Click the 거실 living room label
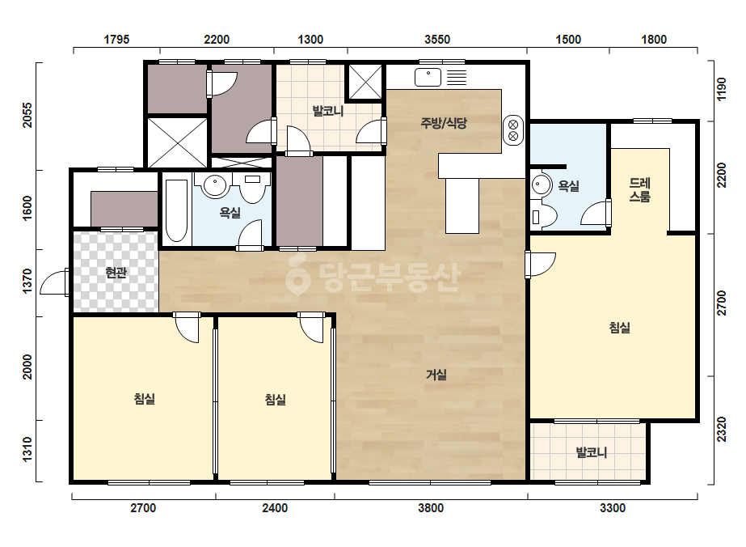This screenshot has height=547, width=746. (x=436, y=375)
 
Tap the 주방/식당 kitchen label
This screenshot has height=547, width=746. (x=444, y=123)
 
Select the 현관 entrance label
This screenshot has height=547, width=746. (x=116, y=273)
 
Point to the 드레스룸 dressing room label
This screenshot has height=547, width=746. (x=640, y=189)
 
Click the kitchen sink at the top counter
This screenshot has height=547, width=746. (x=428, y=77)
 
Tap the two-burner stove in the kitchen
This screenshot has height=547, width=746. (x=513, y=130)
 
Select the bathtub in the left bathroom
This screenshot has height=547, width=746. (x=176, y=210)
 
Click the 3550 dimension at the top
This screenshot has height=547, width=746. (x=437, y=39)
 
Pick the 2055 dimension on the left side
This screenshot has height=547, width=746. (x=27, y=116)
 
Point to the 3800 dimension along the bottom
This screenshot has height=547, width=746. (x=431, y=508)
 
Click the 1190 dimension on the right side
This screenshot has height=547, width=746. (x=722, y=89)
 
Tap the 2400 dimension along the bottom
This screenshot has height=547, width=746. (x=275, y=508)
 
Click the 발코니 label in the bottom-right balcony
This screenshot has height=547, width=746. (x=592, y=452)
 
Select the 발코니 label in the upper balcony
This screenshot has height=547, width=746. (x=328, y=111)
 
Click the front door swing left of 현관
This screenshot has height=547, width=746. (x=53, y=282)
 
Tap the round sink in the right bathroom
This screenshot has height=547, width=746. (x=541, y=184)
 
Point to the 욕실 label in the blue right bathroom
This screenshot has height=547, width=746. (x=568, y=186)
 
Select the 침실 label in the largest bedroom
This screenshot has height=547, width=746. (x=619, y=328)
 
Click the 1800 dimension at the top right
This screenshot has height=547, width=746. (x=654, y=39)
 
